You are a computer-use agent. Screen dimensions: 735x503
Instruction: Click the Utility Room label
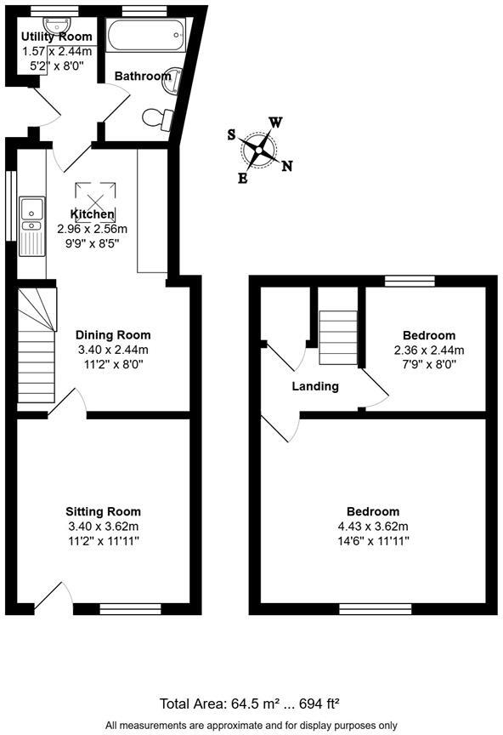tap(57, 37)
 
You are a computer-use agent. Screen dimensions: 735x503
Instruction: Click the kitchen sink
tap(32, 213)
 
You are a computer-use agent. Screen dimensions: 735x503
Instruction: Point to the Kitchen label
tap(92, 214)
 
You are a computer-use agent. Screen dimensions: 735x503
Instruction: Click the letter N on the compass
tap(287, 166)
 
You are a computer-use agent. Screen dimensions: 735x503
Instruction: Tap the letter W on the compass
tap(275, 122)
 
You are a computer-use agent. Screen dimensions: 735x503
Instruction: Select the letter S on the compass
tap(232, 134)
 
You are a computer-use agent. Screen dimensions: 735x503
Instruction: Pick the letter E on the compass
tap(243, 179)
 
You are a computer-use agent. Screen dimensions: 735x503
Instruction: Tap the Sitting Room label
tap(104, 511)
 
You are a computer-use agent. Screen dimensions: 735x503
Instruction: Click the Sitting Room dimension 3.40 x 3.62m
tap(104, 526)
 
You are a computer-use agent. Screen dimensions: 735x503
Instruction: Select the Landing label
tap(315, 386)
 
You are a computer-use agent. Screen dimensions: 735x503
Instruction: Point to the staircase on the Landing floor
tap(334, 336)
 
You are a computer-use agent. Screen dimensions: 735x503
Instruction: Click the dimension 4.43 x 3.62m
tap(373, 526)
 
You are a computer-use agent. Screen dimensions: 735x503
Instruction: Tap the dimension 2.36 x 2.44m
tap(429, 350)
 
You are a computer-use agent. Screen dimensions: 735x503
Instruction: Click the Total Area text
tap(251, 704)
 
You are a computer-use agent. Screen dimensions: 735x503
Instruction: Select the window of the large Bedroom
tap(376, 608)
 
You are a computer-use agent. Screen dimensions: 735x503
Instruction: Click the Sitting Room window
tap(130, 608)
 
